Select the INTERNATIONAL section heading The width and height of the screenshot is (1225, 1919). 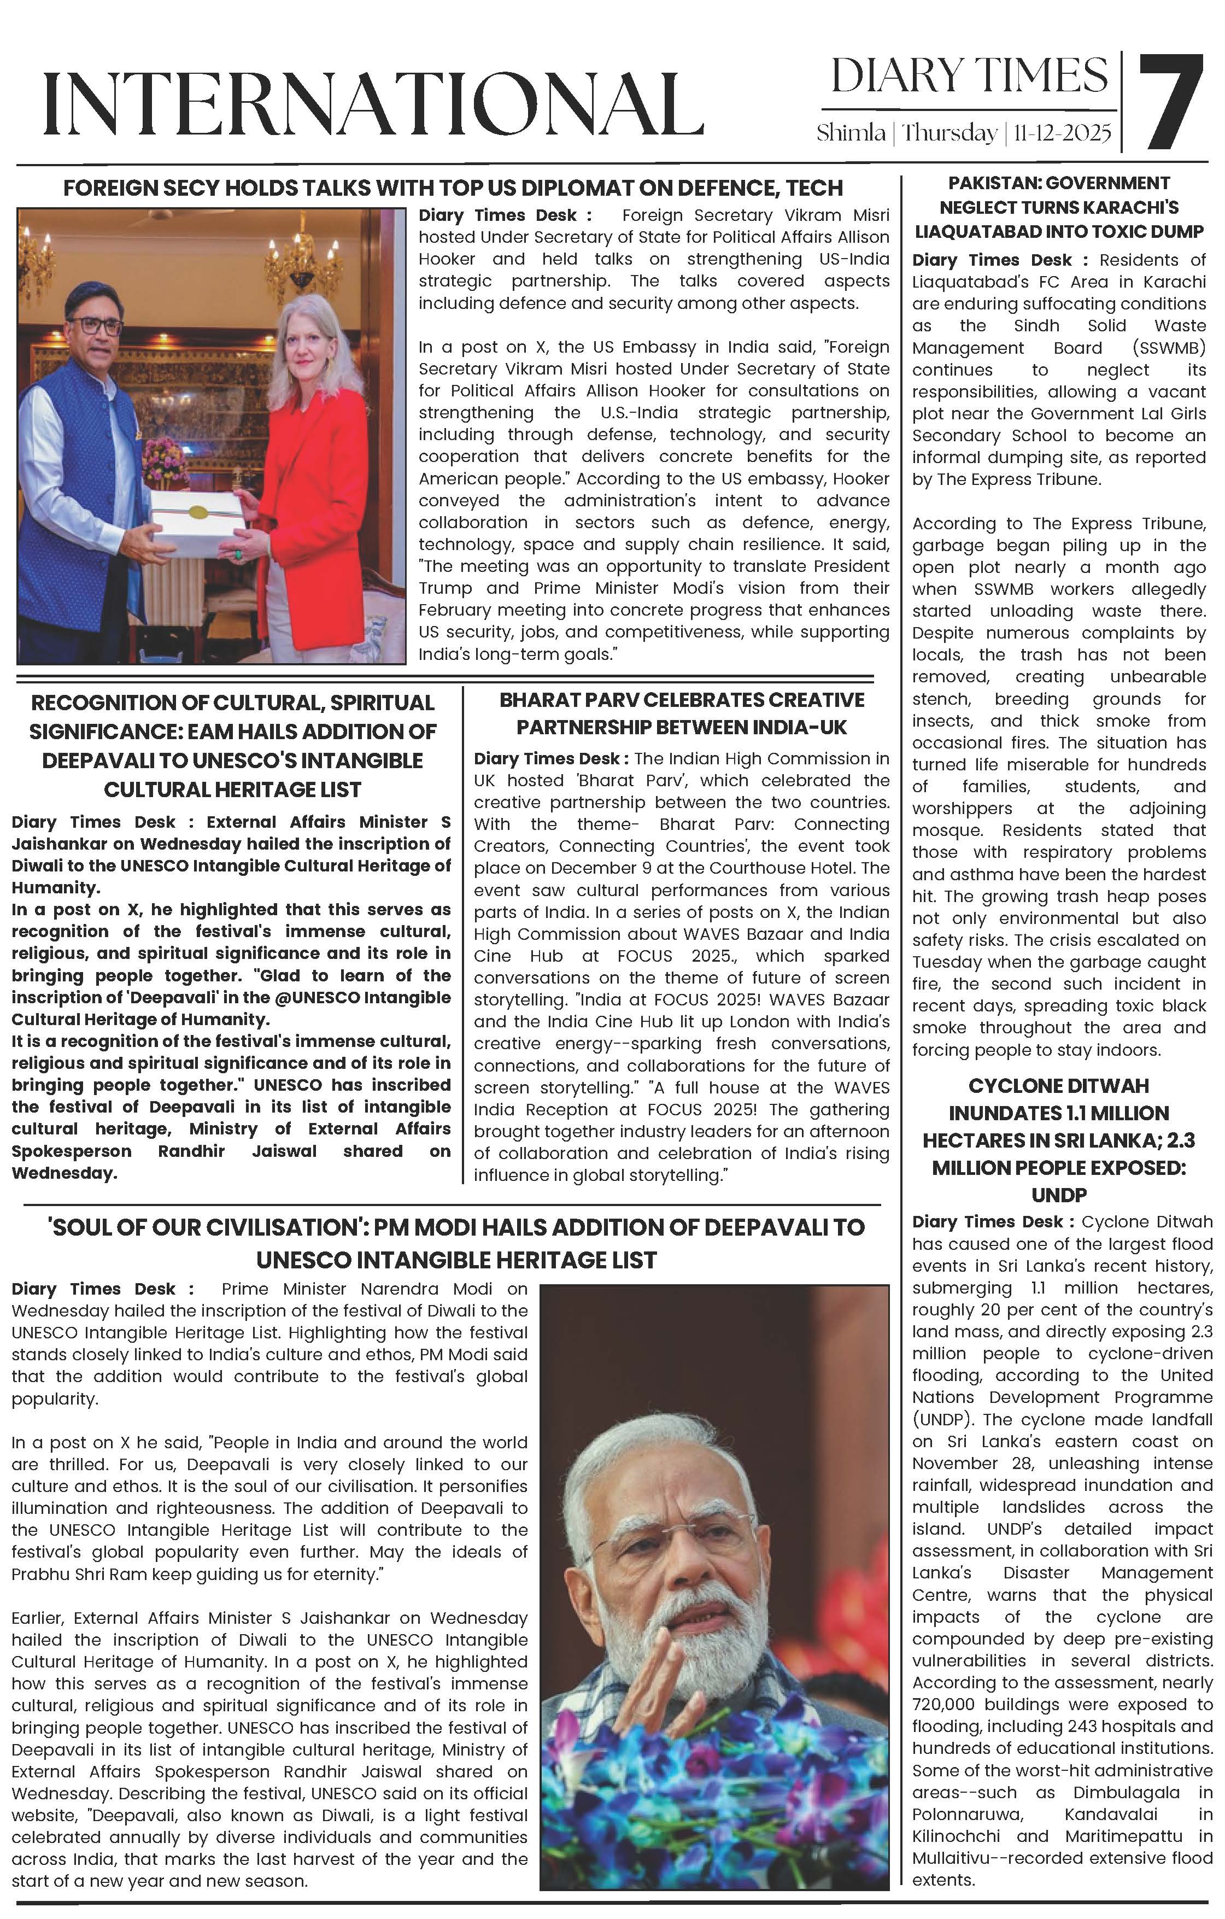pos(373,103)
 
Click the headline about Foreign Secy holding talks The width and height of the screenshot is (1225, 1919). pos(453,188)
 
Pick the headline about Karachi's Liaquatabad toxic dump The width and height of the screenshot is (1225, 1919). pos(1058,207)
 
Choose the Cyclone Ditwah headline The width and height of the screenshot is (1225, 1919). pos(1058,1139)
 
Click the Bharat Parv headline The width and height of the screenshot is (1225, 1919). pos(682,713)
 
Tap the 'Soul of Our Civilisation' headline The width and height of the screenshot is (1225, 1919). pos(456,1243)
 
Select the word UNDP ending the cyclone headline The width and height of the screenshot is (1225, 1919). pos(1058,1195)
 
